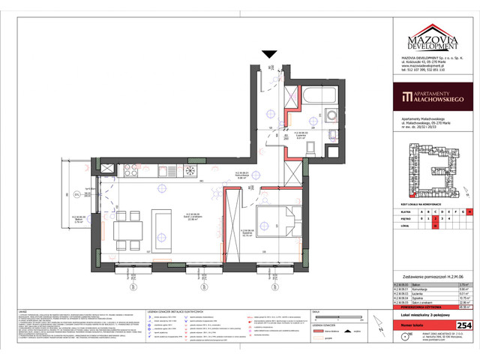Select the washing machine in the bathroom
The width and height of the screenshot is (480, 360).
331,117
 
